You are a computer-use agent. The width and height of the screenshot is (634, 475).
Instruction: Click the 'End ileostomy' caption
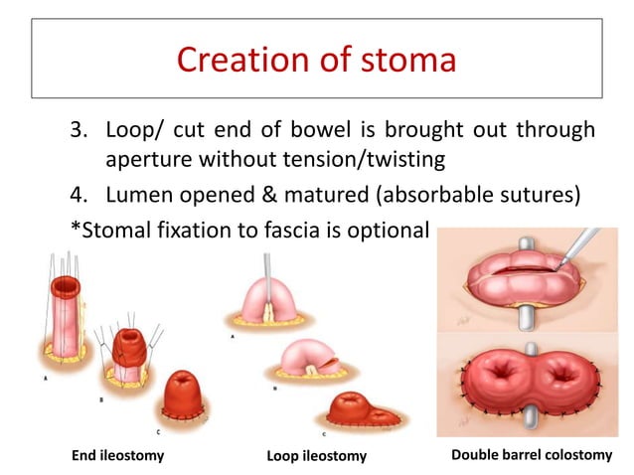[117, 456]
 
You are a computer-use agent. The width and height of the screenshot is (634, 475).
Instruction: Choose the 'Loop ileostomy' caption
[317, 456]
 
